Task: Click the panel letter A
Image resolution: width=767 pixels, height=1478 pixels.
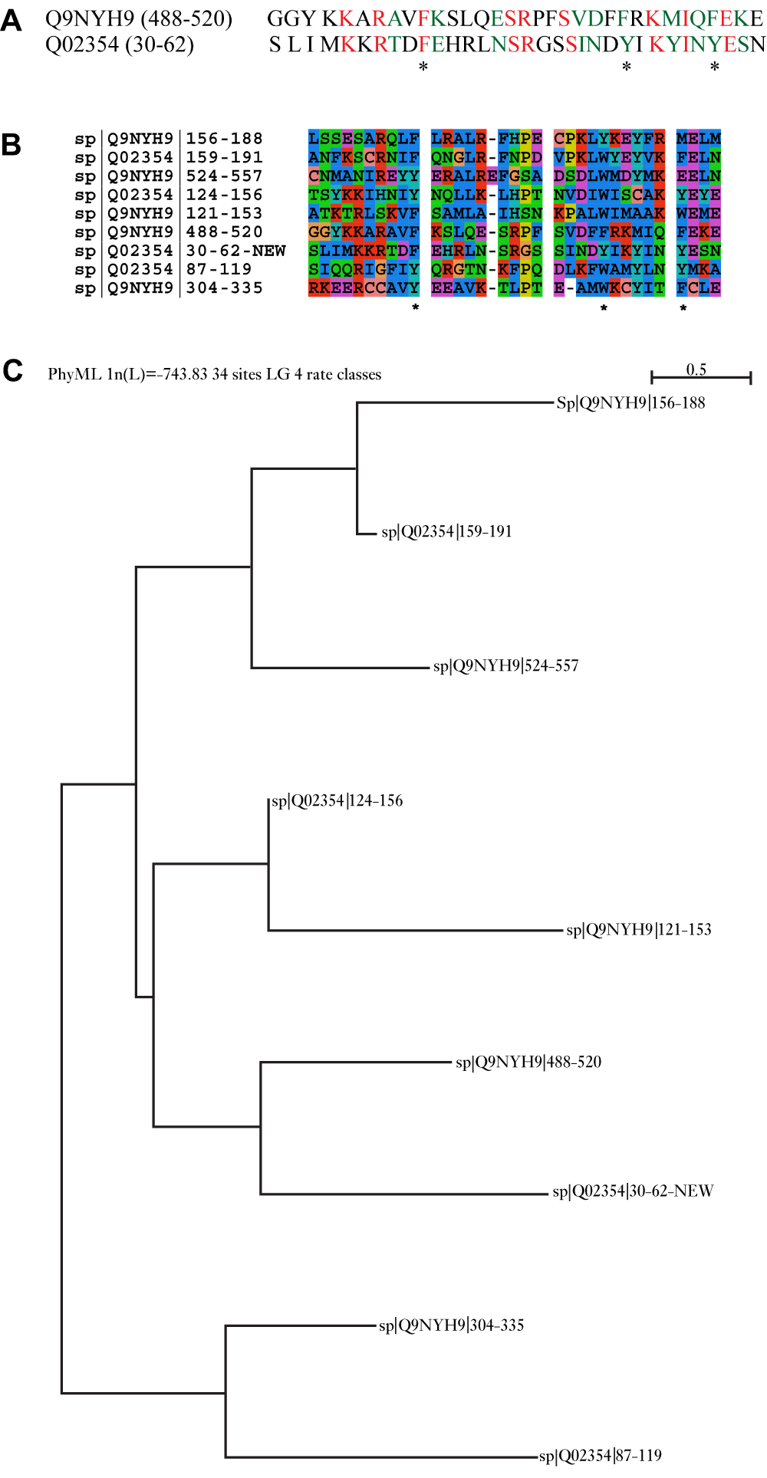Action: [x=12, y=21]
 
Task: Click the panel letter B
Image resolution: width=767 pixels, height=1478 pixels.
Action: [x=12, y=145]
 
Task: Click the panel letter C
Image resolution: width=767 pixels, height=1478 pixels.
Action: [x=12, y=371]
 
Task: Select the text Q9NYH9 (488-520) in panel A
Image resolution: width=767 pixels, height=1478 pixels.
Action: [x=139, y=18]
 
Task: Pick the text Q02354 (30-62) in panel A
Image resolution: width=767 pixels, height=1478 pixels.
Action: [x=120, y=44]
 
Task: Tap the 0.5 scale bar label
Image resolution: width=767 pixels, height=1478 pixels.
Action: [x=696, y=369]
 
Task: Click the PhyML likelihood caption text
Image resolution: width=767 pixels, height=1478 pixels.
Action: [x=215, y=374]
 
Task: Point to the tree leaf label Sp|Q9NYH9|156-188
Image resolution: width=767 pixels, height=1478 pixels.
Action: [x=630, y=403]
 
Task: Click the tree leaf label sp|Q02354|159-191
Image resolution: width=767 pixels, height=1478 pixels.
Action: [x=446, y=532]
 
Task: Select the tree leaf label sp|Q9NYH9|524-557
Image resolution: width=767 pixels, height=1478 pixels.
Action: [x=506, y=666]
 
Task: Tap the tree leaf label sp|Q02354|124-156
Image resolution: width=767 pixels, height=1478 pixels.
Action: [x=337, y=801]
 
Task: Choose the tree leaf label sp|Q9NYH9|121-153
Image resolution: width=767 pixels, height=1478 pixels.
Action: [x=639, y=930]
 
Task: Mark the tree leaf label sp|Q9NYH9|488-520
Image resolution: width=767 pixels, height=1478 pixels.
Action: [x=528, y=1063]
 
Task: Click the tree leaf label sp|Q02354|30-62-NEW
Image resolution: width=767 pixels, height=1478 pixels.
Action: [x=633, y=1191]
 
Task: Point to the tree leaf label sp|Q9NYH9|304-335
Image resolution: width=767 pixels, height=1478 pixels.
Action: [x=452, y=1325]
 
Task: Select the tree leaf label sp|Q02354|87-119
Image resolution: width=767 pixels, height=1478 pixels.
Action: [x=601, y=1456]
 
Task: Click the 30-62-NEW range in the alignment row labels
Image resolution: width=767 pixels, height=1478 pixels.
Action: [x=235, y=251]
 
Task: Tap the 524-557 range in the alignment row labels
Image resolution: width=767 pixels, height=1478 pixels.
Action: [x=224, y=176]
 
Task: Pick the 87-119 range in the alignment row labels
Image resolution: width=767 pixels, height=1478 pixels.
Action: [x=219, y=269]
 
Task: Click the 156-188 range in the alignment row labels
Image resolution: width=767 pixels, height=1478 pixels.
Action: [x=224, y=139]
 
